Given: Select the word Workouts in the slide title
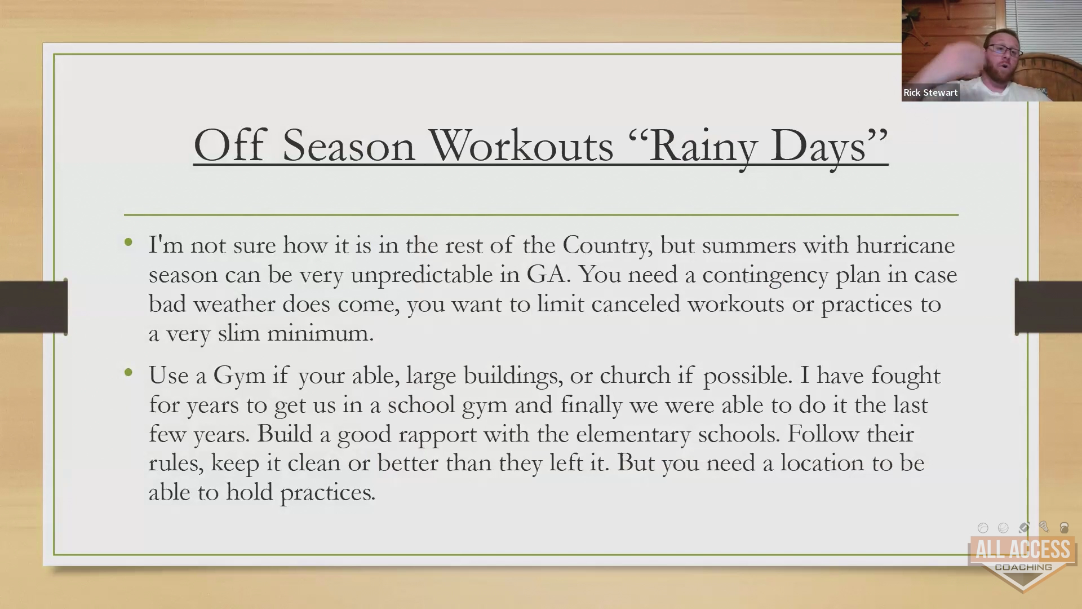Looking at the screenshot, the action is click(x=521, y=145).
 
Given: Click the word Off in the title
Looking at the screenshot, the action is click(x=229, y=145).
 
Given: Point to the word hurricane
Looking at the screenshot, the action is click(x=906, y=245).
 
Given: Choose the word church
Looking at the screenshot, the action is click(x=635, y=376).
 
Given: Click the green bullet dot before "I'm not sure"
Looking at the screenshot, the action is click(x=128, y=242).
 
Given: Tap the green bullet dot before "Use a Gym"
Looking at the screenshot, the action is click(x=128, y=373).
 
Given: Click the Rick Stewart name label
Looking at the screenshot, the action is click(x=930, y=92).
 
